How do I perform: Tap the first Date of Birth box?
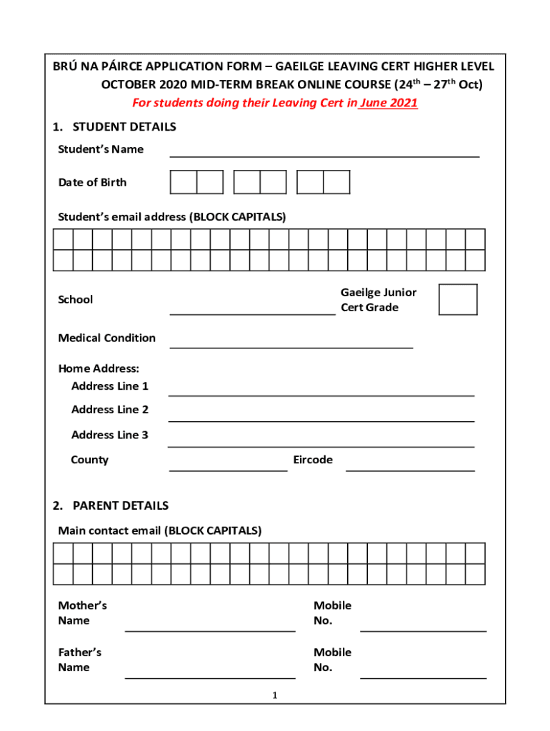[x=184, y=182]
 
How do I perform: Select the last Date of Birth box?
[x=336, y=182]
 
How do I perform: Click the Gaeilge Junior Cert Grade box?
[x=458, y=300]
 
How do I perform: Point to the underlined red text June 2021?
[x=389, y=103]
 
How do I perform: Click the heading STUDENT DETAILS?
[x=124, y=126]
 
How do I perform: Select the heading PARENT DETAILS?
[x=120, y=505]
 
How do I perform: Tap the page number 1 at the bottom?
[x=274, y=695]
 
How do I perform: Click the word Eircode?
[x=313, y=460]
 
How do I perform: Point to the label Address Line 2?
[x=110, y=410]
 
